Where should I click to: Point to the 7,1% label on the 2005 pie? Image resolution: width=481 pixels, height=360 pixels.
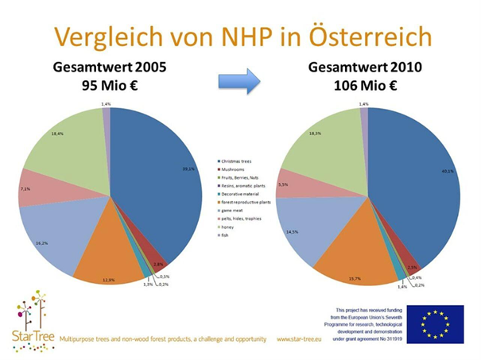(25, 189)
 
